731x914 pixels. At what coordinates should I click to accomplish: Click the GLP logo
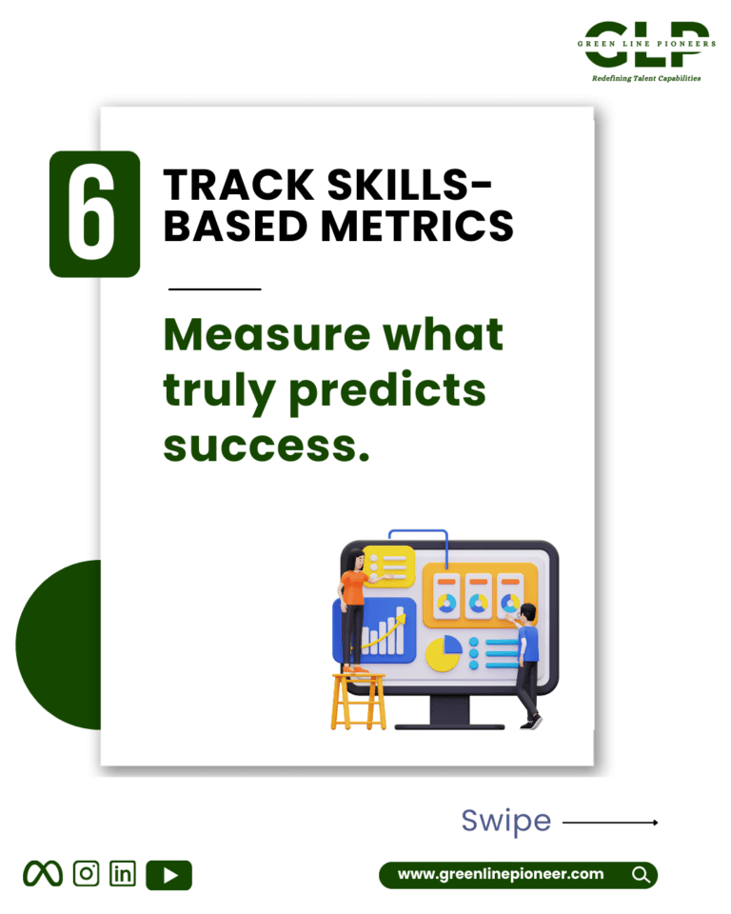(x=646, y=45)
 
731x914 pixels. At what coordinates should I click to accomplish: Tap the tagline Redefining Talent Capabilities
(x=646, y=78)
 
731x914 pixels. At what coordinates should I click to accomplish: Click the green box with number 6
(x=94, y=214)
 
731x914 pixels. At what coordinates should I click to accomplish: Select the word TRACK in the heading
(x=239, y=186)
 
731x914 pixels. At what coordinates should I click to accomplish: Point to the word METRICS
(x=418, y=227)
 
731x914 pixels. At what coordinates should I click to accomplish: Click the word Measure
(x=267, y=334)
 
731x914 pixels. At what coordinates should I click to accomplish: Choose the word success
(x=267, y=447)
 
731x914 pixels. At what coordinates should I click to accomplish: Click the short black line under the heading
(x=214, y=288)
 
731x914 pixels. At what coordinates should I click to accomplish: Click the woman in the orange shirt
(x=356, y=609)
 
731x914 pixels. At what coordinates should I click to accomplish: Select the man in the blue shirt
(x=525, y=666)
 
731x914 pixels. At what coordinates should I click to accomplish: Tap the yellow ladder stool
(x=359, y=702)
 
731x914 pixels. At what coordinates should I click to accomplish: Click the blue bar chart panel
(x=375, y=630)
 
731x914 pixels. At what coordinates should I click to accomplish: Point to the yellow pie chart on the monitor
(x=444, y=653)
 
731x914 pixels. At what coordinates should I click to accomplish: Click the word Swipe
(x=506, y=822)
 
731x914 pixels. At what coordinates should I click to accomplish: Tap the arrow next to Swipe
(x=610, y=823)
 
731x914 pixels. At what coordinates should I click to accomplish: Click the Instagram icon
(x=87, y=874)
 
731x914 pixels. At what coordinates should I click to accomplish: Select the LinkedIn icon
(x=123, y=874)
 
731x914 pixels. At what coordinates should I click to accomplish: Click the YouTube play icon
(x=169, y=875)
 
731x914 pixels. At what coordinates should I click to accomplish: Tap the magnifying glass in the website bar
(x=642, y=875)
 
